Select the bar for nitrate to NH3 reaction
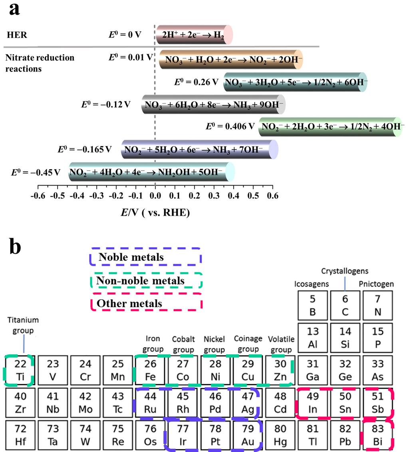(x=214, y=105)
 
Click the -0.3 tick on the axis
(x=96, y=196)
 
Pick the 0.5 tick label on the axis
(x=253, y=196)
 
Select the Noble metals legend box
(x=145, y=257)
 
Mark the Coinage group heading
(x=248, y=343)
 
